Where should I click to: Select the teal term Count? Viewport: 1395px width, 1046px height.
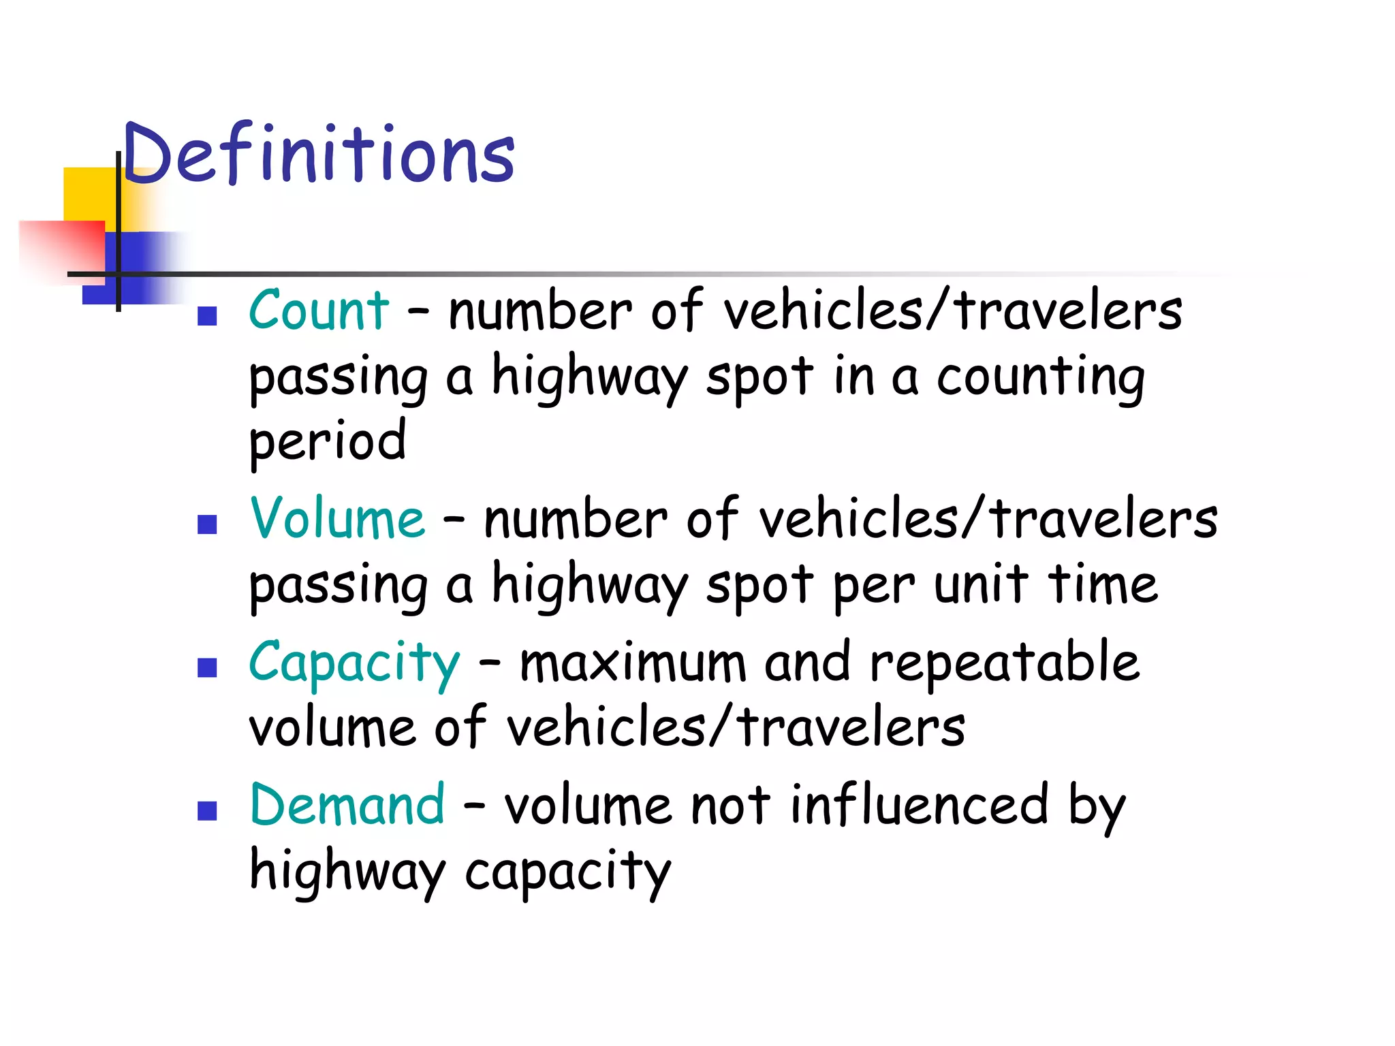click(319, 311)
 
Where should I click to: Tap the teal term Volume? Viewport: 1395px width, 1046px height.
click(338, 519)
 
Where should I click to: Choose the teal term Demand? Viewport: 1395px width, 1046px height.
click(347, 805)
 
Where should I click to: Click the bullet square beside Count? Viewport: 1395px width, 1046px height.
click(207, 316)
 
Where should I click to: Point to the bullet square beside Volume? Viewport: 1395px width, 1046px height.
click(207, 524)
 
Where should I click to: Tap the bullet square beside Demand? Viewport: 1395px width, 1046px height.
click(207, 810)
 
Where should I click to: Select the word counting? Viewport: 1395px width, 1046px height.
click(1040, 378)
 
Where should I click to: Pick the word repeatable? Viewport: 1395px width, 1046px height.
click(1005, 662)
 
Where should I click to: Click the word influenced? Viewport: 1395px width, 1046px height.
click(919, 805)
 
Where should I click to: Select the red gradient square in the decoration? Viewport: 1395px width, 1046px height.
click(61, 249)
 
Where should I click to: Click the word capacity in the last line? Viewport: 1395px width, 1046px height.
click(567, 873)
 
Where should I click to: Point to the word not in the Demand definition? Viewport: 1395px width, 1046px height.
click(730, 806)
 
